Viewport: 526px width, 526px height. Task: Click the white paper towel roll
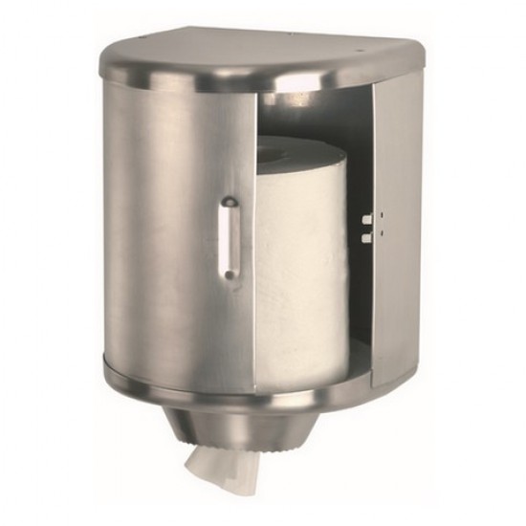306,258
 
